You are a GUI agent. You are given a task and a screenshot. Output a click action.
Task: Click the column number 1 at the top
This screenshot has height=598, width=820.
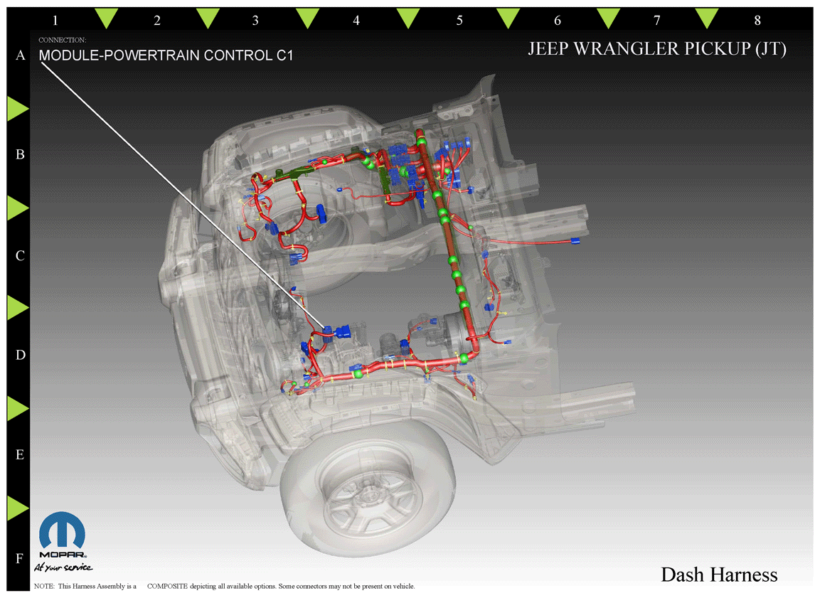click(55, 21)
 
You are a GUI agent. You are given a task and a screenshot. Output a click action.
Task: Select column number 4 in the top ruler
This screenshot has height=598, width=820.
click(356, 21)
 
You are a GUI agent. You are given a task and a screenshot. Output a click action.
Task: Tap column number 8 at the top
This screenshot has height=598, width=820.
click(757, 21)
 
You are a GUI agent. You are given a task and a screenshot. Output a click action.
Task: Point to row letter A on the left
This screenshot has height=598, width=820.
click(21, 55)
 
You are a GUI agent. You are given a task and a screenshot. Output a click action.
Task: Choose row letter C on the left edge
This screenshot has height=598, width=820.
click(21, 255)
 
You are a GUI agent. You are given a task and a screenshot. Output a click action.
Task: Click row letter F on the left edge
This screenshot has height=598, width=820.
click(20, 558)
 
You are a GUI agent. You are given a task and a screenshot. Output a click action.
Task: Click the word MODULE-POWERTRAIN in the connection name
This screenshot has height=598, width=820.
click(119, 55)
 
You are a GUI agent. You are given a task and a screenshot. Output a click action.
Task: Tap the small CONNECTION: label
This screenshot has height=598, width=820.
click(63, 40)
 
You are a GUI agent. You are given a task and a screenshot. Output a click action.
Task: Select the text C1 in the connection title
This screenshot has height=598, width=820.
click(284, 55)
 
